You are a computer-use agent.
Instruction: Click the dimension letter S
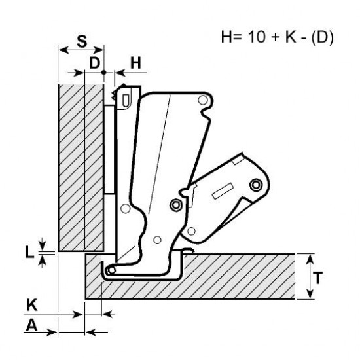pyautogui.click(x=82, y=41)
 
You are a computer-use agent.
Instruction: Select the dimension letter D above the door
pyautogui.click(x=95, y=63)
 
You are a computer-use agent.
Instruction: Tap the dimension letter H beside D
pyautogui.click(x=135, y=63)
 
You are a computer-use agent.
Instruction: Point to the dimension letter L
pyautogui.click(x=29, y=251)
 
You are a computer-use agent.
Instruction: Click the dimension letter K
pyautogui.click(x=32, y=305)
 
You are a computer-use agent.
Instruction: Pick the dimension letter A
pyautogui.click(x=31, y=325)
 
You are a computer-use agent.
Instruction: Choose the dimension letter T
pyautogui.click(x=318, y=278)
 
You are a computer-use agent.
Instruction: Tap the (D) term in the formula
pyautogui.click(x=322, y=37)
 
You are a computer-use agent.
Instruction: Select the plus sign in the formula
pyautogui.click(x=275, y=37)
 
